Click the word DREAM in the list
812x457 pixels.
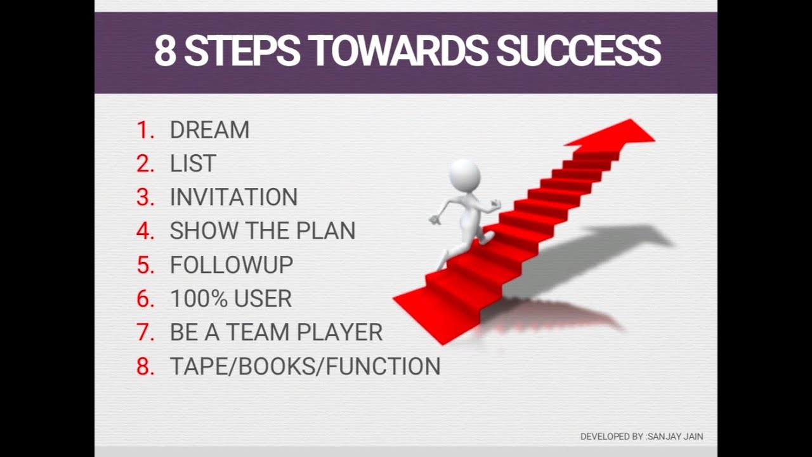click(209, 130)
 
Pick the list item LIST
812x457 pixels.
click(193, 164)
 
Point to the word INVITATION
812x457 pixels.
click(233, 197)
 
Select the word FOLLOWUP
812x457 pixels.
click(231, 265)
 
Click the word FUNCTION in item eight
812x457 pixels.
click(392, 366)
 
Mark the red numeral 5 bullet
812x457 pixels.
click(145, 265)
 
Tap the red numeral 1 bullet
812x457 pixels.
click(145, 130)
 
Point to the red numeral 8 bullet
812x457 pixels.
click(145, 366)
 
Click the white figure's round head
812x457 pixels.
click(464, 175)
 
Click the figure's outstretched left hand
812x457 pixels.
click(435, 220)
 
